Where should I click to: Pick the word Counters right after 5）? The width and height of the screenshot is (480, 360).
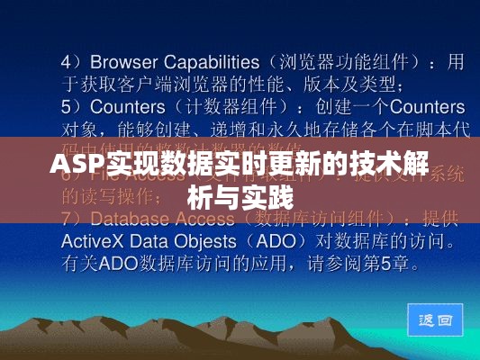point(124,106)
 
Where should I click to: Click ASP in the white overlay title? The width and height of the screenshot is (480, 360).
point(75,166)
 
